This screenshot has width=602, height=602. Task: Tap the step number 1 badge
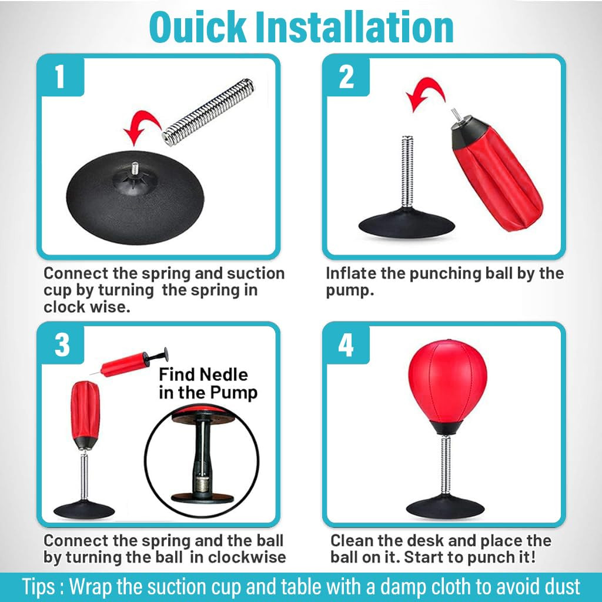click(61, 76)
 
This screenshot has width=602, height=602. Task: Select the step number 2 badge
click(346, 76)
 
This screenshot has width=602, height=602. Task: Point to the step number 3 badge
click(61, 344)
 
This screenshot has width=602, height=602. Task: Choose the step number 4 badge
click(346, 344)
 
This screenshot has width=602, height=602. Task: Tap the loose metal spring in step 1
click(208, 112)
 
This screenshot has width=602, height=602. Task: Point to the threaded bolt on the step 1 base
click(135, 168)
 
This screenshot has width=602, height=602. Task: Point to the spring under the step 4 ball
click(446, 466)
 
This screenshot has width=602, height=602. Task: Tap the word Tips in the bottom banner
click(38, 587)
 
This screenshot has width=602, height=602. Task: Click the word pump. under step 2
click(350, 291)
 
